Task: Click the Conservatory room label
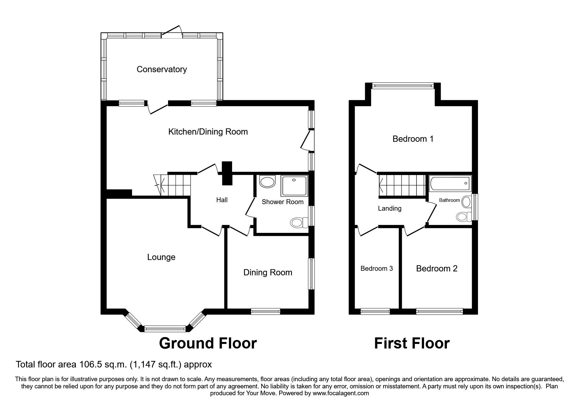(162, 69)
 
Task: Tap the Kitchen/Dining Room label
(208, 132)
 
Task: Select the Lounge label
(161, 257)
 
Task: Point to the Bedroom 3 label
(377, 268)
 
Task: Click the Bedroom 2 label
(436, 268)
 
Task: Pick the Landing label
(389, 208)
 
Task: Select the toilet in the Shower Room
(298, 223)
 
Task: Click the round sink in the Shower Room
(268, 182)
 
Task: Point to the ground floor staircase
(175, 185)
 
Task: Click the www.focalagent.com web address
(341, 393)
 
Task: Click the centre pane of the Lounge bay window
(165, 329)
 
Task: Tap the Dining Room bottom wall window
(265, 311)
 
